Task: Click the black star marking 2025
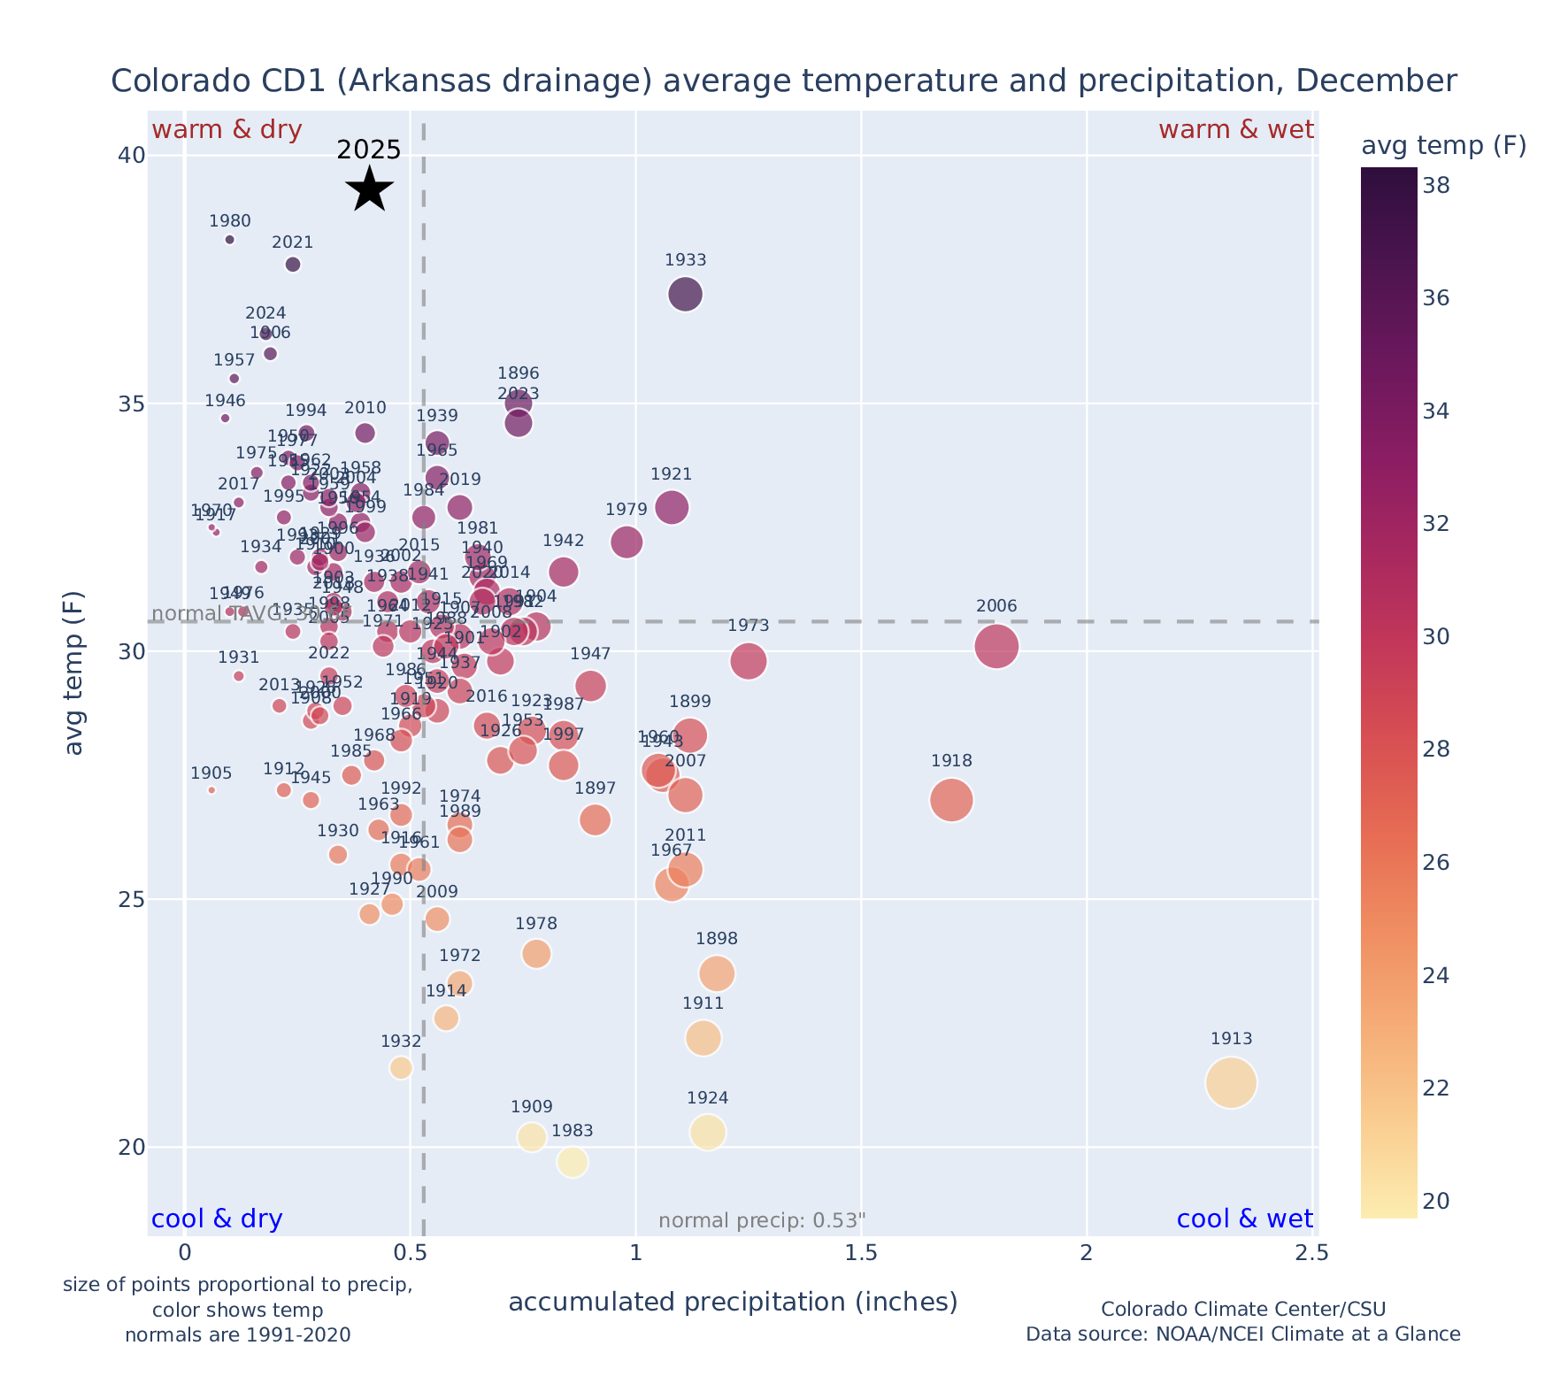(369, 188)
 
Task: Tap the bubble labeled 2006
(996, 647)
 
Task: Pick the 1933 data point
(686, 294)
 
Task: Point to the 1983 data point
(573, 1162)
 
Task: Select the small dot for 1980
(230, 240)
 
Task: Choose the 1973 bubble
(749, 661)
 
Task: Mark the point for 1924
(708, 1132)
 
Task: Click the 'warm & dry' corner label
(227, 130)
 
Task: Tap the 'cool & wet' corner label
(1244, 1219)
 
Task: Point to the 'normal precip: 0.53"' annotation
(762, 1221)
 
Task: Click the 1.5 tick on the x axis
(861, 1253)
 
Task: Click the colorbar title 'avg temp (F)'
(1443, 146)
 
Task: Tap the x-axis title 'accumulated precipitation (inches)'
(733, 1302)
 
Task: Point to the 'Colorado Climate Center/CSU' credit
(1242, 1309)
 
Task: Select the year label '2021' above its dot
(293, 242)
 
